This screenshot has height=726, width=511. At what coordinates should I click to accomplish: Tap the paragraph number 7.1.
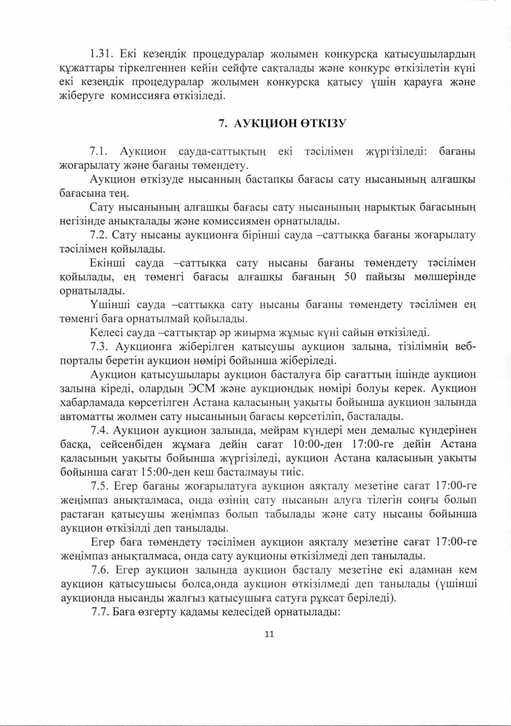[x=101, y=151]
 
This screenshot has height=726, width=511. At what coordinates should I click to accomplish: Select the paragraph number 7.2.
[x=101, y=235]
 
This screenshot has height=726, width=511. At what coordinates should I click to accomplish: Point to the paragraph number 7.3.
[x=101, y=346]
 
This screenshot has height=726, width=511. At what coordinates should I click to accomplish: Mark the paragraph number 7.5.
[x=101, y=484]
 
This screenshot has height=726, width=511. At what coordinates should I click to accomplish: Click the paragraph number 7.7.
[x=101, y=610]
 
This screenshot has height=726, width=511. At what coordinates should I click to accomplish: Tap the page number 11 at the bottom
[x=268, y=633]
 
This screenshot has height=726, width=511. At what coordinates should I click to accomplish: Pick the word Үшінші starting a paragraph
[x=109, y=304]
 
